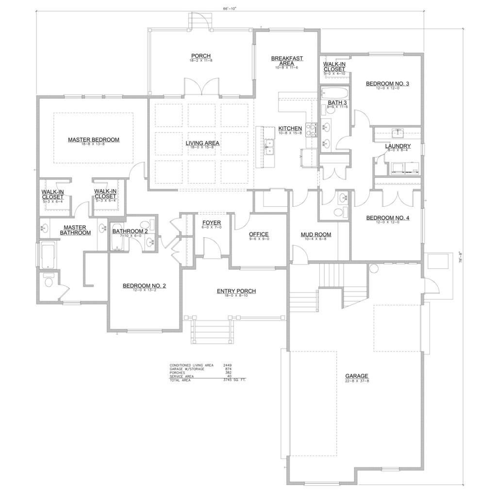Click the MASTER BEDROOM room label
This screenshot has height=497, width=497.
[x=94, y=140]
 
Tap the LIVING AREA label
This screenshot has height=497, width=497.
[x=203, y=143]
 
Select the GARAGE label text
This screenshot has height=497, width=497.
[x=357, y=376]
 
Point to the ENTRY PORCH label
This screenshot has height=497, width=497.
[x=236, y=291]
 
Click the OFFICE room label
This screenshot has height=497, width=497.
[x=259, y=234]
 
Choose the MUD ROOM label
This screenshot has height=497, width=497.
[x=315, y=234]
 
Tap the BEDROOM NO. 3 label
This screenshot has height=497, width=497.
[x=387, y=84]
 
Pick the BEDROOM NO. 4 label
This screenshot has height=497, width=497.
[x=387, y=218]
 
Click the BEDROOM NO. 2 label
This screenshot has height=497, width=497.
[x=144, y=286]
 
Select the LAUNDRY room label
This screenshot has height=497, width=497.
[x=398, y=146]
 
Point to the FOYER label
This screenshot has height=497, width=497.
[x=212, y=223]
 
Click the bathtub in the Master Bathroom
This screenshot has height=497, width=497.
[x=48, y=256]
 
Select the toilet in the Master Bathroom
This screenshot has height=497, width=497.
[x=49, y=282]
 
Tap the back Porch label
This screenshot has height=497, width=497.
[x=200, y=56]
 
